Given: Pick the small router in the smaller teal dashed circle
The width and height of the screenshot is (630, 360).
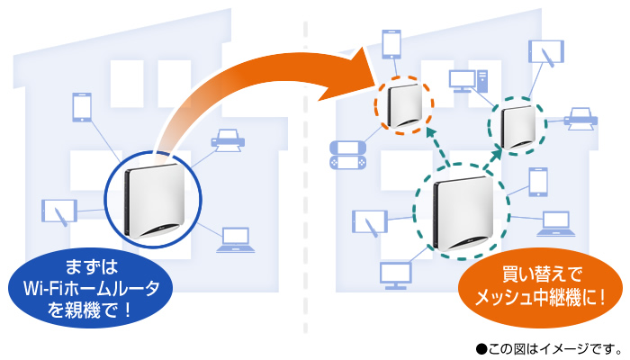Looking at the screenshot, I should coord(517,125).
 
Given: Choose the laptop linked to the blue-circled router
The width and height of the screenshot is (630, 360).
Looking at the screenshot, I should coord(234,238).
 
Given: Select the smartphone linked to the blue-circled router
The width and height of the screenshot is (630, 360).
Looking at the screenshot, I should coord(80,106).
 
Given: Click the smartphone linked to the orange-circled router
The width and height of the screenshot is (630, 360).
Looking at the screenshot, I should coord(391,43).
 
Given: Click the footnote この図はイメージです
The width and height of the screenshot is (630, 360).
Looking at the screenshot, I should coord(549,346).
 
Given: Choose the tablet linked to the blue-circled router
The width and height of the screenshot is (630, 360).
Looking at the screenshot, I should coord(59,212).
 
